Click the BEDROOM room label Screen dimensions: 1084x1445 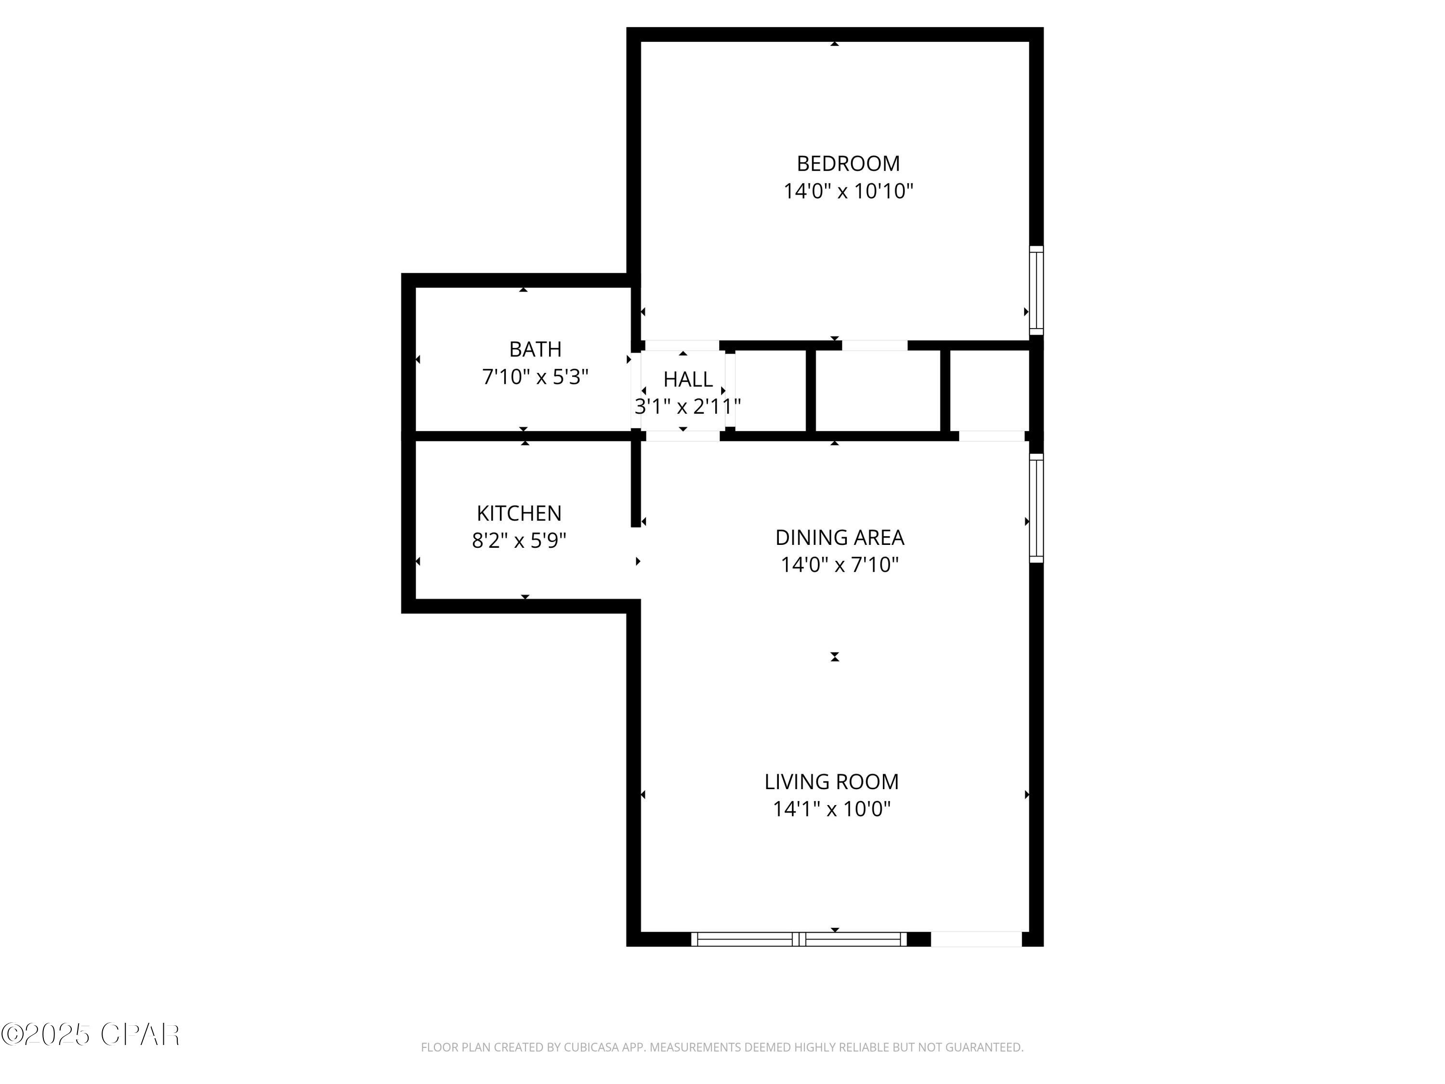[x=847, y=163]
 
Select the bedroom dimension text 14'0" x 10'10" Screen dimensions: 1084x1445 [x=847, y=191]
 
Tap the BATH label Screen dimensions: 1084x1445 [x=535, y=350]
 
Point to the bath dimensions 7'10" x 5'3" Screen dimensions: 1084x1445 [x=535, y=377]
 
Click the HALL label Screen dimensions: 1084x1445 [x=687, y=380]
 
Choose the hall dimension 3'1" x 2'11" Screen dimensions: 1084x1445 [x=687, y=407]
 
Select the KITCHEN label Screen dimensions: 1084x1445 [x=519, y=514]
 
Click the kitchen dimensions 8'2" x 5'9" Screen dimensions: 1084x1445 [x=519, y=541]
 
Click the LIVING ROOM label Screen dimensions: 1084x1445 [x=831, y=781]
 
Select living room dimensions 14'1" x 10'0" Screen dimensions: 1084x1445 [x=831, y=809]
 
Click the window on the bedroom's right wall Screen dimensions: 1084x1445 [x=1036, y=290]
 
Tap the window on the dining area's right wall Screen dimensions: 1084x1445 [x=1036, y=508]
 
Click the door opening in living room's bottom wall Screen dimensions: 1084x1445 [x=975, y=939]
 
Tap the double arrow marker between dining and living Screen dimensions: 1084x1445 [x=834, y=657]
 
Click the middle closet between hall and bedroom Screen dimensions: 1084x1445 [x=877, y=391]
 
